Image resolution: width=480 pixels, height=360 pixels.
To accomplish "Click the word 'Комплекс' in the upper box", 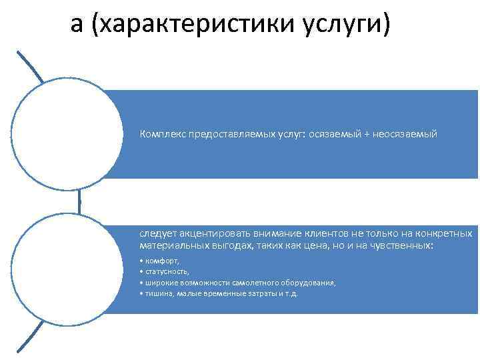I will (x=162, y=134).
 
